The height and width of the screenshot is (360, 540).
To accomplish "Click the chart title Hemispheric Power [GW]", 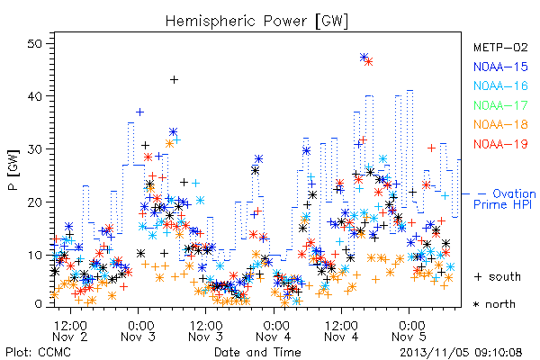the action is pos(256,22).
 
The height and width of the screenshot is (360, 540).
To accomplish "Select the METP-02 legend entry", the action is pos(500,47).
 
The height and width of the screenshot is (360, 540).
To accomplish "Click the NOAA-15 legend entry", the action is pos(500,67).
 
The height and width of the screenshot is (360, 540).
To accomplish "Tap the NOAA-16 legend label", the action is pos(500,85).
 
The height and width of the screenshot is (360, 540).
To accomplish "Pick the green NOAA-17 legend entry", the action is pos(500,105).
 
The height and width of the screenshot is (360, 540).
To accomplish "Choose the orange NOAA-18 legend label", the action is pos(500,124).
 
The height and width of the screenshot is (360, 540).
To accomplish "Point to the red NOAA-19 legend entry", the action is pos(500,144).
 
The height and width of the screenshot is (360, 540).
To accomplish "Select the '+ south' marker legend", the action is pos(498,276).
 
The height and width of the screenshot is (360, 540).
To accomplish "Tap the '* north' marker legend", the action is pos(494,304).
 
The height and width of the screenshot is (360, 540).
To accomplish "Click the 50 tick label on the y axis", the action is pos(35,44).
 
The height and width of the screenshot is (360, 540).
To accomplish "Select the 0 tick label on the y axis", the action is pos(38,304).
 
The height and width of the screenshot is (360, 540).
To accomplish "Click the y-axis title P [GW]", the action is pos(14,170).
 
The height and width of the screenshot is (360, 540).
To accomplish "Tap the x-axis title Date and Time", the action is pos(257,352).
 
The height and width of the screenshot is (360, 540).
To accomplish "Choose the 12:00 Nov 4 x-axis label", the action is pos(341,330).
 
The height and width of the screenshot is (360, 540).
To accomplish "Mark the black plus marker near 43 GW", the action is pos(175,79).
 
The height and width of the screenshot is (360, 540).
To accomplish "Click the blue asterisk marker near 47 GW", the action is pos(364,58).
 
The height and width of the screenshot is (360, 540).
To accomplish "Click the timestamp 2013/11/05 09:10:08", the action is pos(461,353).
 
